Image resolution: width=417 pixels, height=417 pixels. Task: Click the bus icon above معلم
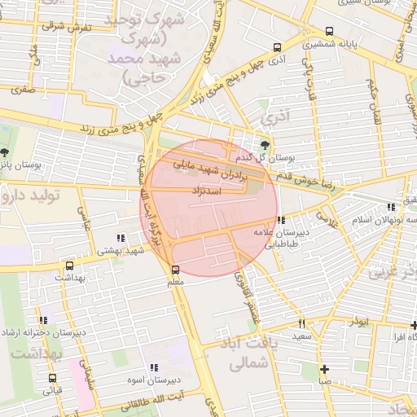(175, 270)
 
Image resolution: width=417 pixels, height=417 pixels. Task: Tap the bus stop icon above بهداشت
(69, 266)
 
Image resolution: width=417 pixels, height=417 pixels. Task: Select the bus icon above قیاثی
(52, 379)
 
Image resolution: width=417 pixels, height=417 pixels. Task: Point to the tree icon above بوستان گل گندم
(265, 143)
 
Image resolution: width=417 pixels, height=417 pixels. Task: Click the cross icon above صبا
(324, 368)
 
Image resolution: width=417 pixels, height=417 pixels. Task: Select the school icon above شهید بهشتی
(121, 239)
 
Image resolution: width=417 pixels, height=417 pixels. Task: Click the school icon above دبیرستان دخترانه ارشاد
(42, 321)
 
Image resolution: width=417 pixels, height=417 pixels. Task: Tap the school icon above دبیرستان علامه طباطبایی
(281, 221)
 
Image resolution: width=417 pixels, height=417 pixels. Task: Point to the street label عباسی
(82, 215)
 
